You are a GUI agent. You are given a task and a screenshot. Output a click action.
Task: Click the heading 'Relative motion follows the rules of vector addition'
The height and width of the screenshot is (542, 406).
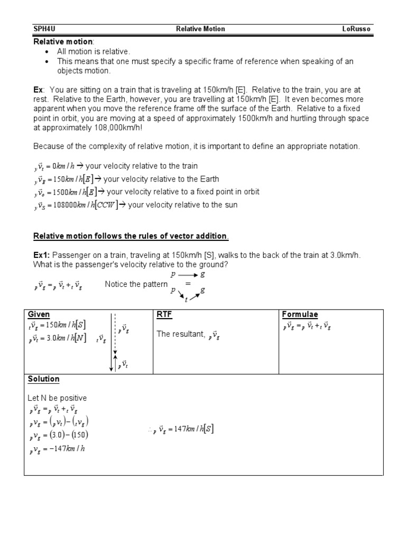tap(131, 236)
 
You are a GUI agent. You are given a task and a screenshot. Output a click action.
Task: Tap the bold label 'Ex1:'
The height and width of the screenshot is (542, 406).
tap(42, 255)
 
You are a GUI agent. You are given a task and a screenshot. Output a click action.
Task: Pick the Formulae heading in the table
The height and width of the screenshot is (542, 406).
tap(300, 314)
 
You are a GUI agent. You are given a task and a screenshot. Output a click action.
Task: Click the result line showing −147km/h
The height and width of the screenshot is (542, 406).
tap(58, 449)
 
